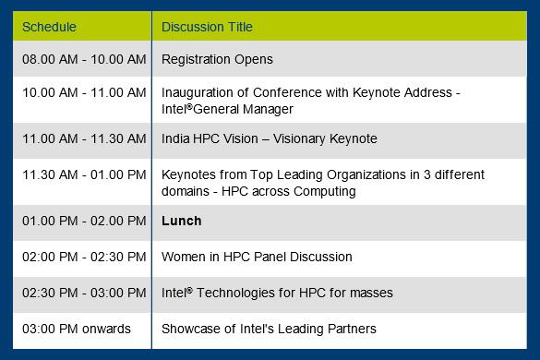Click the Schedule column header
[x=49, y=27]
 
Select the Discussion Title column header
[x=207, y=27]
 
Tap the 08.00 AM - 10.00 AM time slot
[x=84, y=60]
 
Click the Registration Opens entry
[x=217, y=60]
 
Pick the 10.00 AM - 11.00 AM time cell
[x=84, y=93]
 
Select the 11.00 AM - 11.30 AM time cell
[x=84, y=139]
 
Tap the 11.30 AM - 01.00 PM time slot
[x=84, y=175]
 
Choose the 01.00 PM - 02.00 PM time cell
[x=84, y=222]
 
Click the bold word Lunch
[x=181, y=222]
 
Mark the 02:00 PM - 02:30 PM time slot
[x=84, y=258]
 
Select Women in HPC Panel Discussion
[x=257, y=258]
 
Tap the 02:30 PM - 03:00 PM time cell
[x=84, y=294]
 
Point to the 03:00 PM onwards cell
[x=77, y=330]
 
